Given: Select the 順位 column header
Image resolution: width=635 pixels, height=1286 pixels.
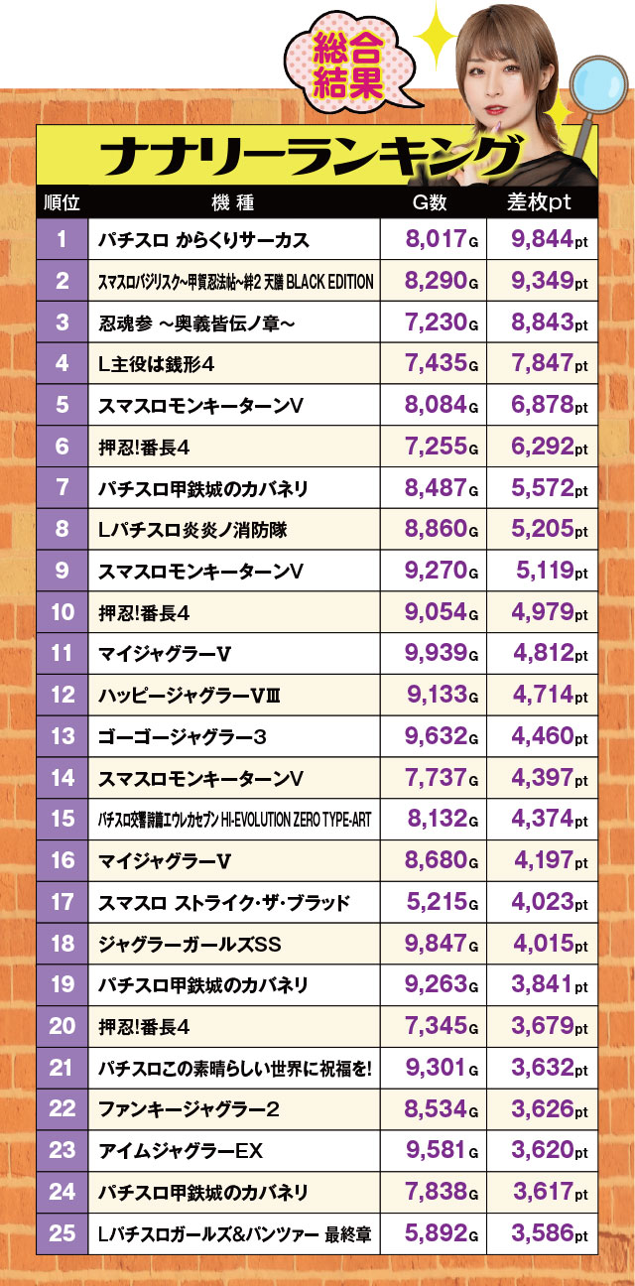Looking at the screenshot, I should tap(63, 202).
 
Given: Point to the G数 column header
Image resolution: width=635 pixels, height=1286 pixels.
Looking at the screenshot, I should tap(430, 202).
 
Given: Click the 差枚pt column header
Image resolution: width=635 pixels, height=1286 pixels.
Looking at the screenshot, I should tap(540, 202).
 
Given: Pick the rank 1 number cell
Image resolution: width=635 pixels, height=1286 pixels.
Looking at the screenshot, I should tap(63, 239).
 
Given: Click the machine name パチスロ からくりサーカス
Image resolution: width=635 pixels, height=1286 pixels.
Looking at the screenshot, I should tap(204, 240).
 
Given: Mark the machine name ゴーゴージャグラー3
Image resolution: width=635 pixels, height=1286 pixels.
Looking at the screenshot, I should tap(183, 736).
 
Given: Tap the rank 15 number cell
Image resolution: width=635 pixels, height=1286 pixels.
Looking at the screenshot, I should tap(63, 819).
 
